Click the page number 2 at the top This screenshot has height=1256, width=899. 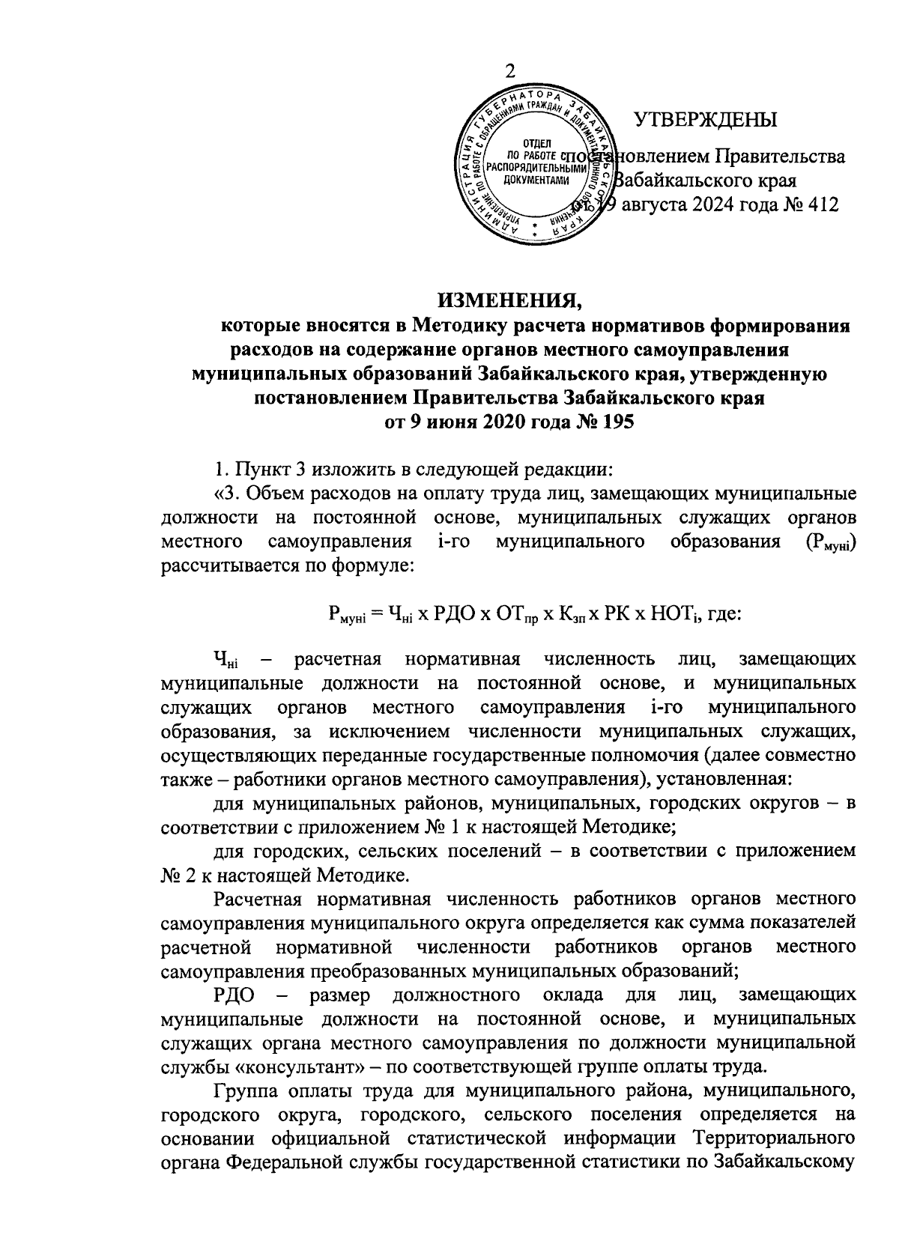(x=510, y=71)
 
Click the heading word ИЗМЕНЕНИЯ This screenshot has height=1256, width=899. (x=509, y=301)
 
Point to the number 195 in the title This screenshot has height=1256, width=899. (x=615, y=422)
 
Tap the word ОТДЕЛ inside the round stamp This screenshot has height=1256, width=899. (x=534, y=143)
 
